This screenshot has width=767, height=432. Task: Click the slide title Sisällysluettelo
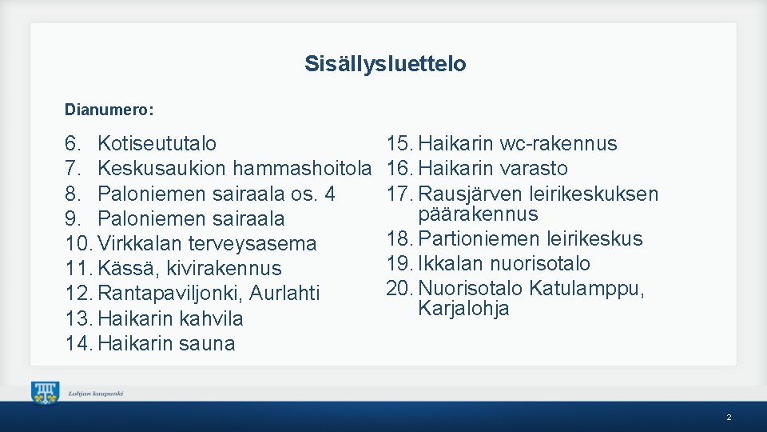coord(384,64)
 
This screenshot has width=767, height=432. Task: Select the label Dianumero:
coord(109,108)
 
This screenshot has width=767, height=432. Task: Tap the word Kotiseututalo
coord(157,144)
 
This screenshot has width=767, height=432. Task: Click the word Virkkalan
coord(137,243)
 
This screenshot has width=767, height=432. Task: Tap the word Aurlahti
coord(284,294)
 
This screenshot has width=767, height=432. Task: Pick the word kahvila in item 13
coord(211,318)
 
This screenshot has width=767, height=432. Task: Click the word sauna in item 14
coord(207,344)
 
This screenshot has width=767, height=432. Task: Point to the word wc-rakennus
coord(558,144)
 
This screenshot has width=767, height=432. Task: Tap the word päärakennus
coord(478,214)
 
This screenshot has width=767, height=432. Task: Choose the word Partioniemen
coord(479,238)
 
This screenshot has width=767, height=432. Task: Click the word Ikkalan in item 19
coord(451,263)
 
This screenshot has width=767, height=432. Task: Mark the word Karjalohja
coord(463,309)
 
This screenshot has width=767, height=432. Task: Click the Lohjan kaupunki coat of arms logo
coord(45,393)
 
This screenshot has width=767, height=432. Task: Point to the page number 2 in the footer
coord(729,418)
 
